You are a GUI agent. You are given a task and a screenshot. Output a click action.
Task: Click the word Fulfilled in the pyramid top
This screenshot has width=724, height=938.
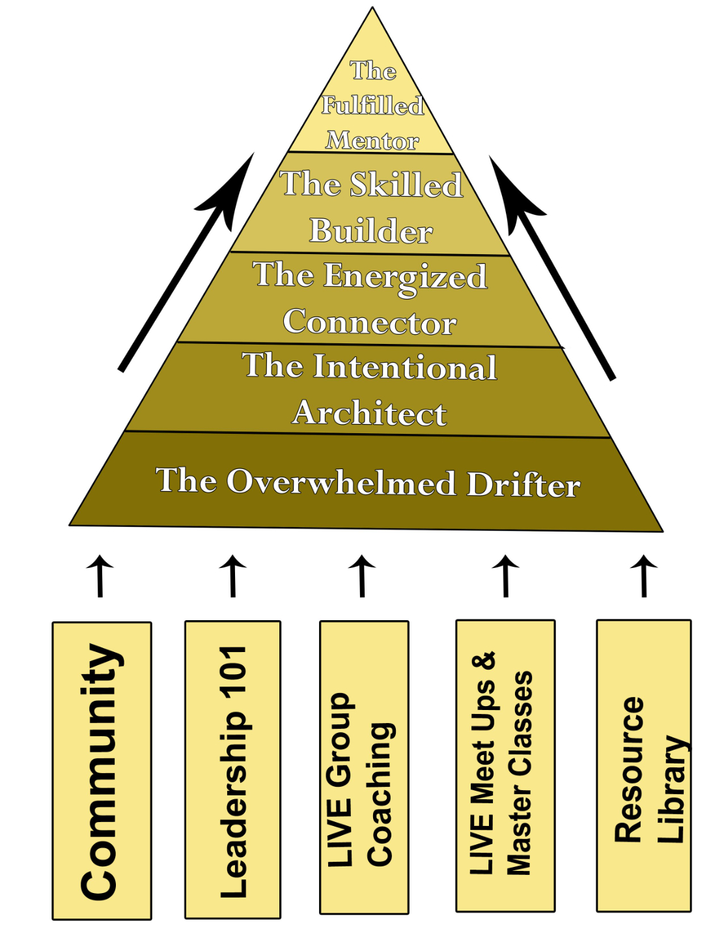pyautogui.click(x=372, y=106)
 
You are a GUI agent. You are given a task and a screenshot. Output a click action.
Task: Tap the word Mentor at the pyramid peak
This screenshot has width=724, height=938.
pyautogui.click(x=372, y=141)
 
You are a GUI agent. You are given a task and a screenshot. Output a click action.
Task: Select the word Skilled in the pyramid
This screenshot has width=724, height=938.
pyautogui.click(x=406, y=184)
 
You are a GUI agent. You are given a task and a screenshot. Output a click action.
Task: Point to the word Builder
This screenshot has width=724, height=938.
pyautogui.click(x=371, y=231)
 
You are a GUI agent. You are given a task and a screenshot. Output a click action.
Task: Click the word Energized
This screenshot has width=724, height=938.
pyautogui.click(x=405, y=276)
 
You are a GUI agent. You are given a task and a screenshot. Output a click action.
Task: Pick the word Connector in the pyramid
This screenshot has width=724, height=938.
pyautogui.click(x=370, y=322)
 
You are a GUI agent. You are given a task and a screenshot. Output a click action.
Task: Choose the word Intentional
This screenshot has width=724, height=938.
pyautogui.click(x=405, y=367)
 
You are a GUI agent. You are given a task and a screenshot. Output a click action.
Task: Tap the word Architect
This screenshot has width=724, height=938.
pyautogui.click(x=370, y=413)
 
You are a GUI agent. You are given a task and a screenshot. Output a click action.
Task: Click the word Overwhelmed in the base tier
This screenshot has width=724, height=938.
pyautogui.click(x=341, y=482)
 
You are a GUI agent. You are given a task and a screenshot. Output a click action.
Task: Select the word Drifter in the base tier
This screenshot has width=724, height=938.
pyautogui.click(x=523, y=485)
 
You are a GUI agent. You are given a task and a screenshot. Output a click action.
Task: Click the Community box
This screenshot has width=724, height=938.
pyautogui.click(x=102, y=771)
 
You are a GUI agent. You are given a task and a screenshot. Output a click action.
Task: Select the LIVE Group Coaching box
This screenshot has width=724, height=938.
pyautogui.click(x=364, y=767)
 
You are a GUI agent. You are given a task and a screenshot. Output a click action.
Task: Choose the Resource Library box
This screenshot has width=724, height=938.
pyautogui.click(x=643, y=765)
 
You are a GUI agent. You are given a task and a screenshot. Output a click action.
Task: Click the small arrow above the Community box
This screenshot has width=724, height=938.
pyautogui.click(x=100, y=575)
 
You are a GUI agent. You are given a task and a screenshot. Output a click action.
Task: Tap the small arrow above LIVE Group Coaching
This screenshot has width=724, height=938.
pyautogui.click(x=362, y=575)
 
